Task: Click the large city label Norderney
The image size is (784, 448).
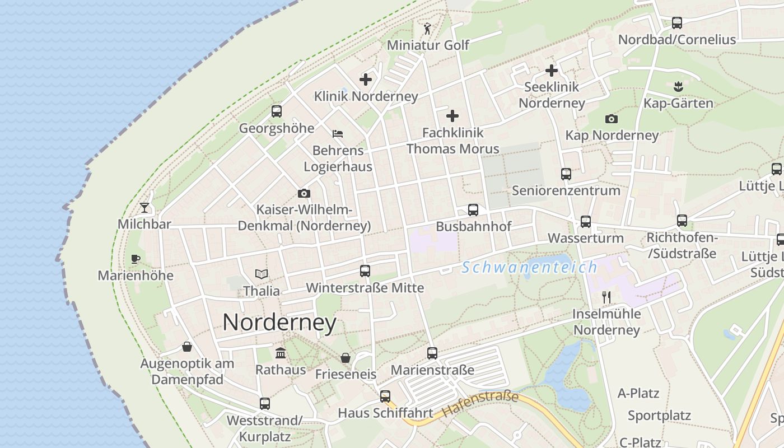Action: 279,323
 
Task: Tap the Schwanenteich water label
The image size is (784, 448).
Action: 529,267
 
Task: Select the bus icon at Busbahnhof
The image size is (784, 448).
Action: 473,210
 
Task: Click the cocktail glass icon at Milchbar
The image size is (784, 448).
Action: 144,208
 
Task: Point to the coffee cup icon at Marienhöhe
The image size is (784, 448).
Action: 135,259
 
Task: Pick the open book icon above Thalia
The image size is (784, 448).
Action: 262,274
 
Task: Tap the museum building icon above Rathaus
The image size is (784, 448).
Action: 281,353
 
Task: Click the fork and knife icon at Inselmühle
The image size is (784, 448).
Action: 605,297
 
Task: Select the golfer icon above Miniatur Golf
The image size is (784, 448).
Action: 428,28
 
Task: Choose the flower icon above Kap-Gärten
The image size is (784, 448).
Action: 678,86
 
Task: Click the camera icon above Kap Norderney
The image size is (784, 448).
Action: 611,119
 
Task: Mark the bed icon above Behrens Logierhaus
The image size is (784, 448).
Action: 338,134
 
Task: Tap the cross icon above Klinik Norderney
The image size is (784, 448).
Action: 366,80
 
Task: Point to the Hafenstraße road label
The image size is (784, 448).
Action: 480,403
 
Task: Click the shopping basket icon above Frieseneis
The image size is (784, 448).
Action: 346,357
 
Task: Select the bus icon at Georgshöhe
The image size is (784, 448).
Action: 277,111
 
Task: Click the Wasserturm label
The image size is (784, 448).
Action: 585,238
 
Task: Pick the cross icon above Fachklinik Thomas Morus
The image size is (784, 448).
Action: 452,116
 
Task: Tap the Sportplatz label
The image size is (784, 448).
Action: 659,416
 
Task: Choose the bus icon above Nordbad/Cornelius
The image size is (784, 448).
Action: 677,23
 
